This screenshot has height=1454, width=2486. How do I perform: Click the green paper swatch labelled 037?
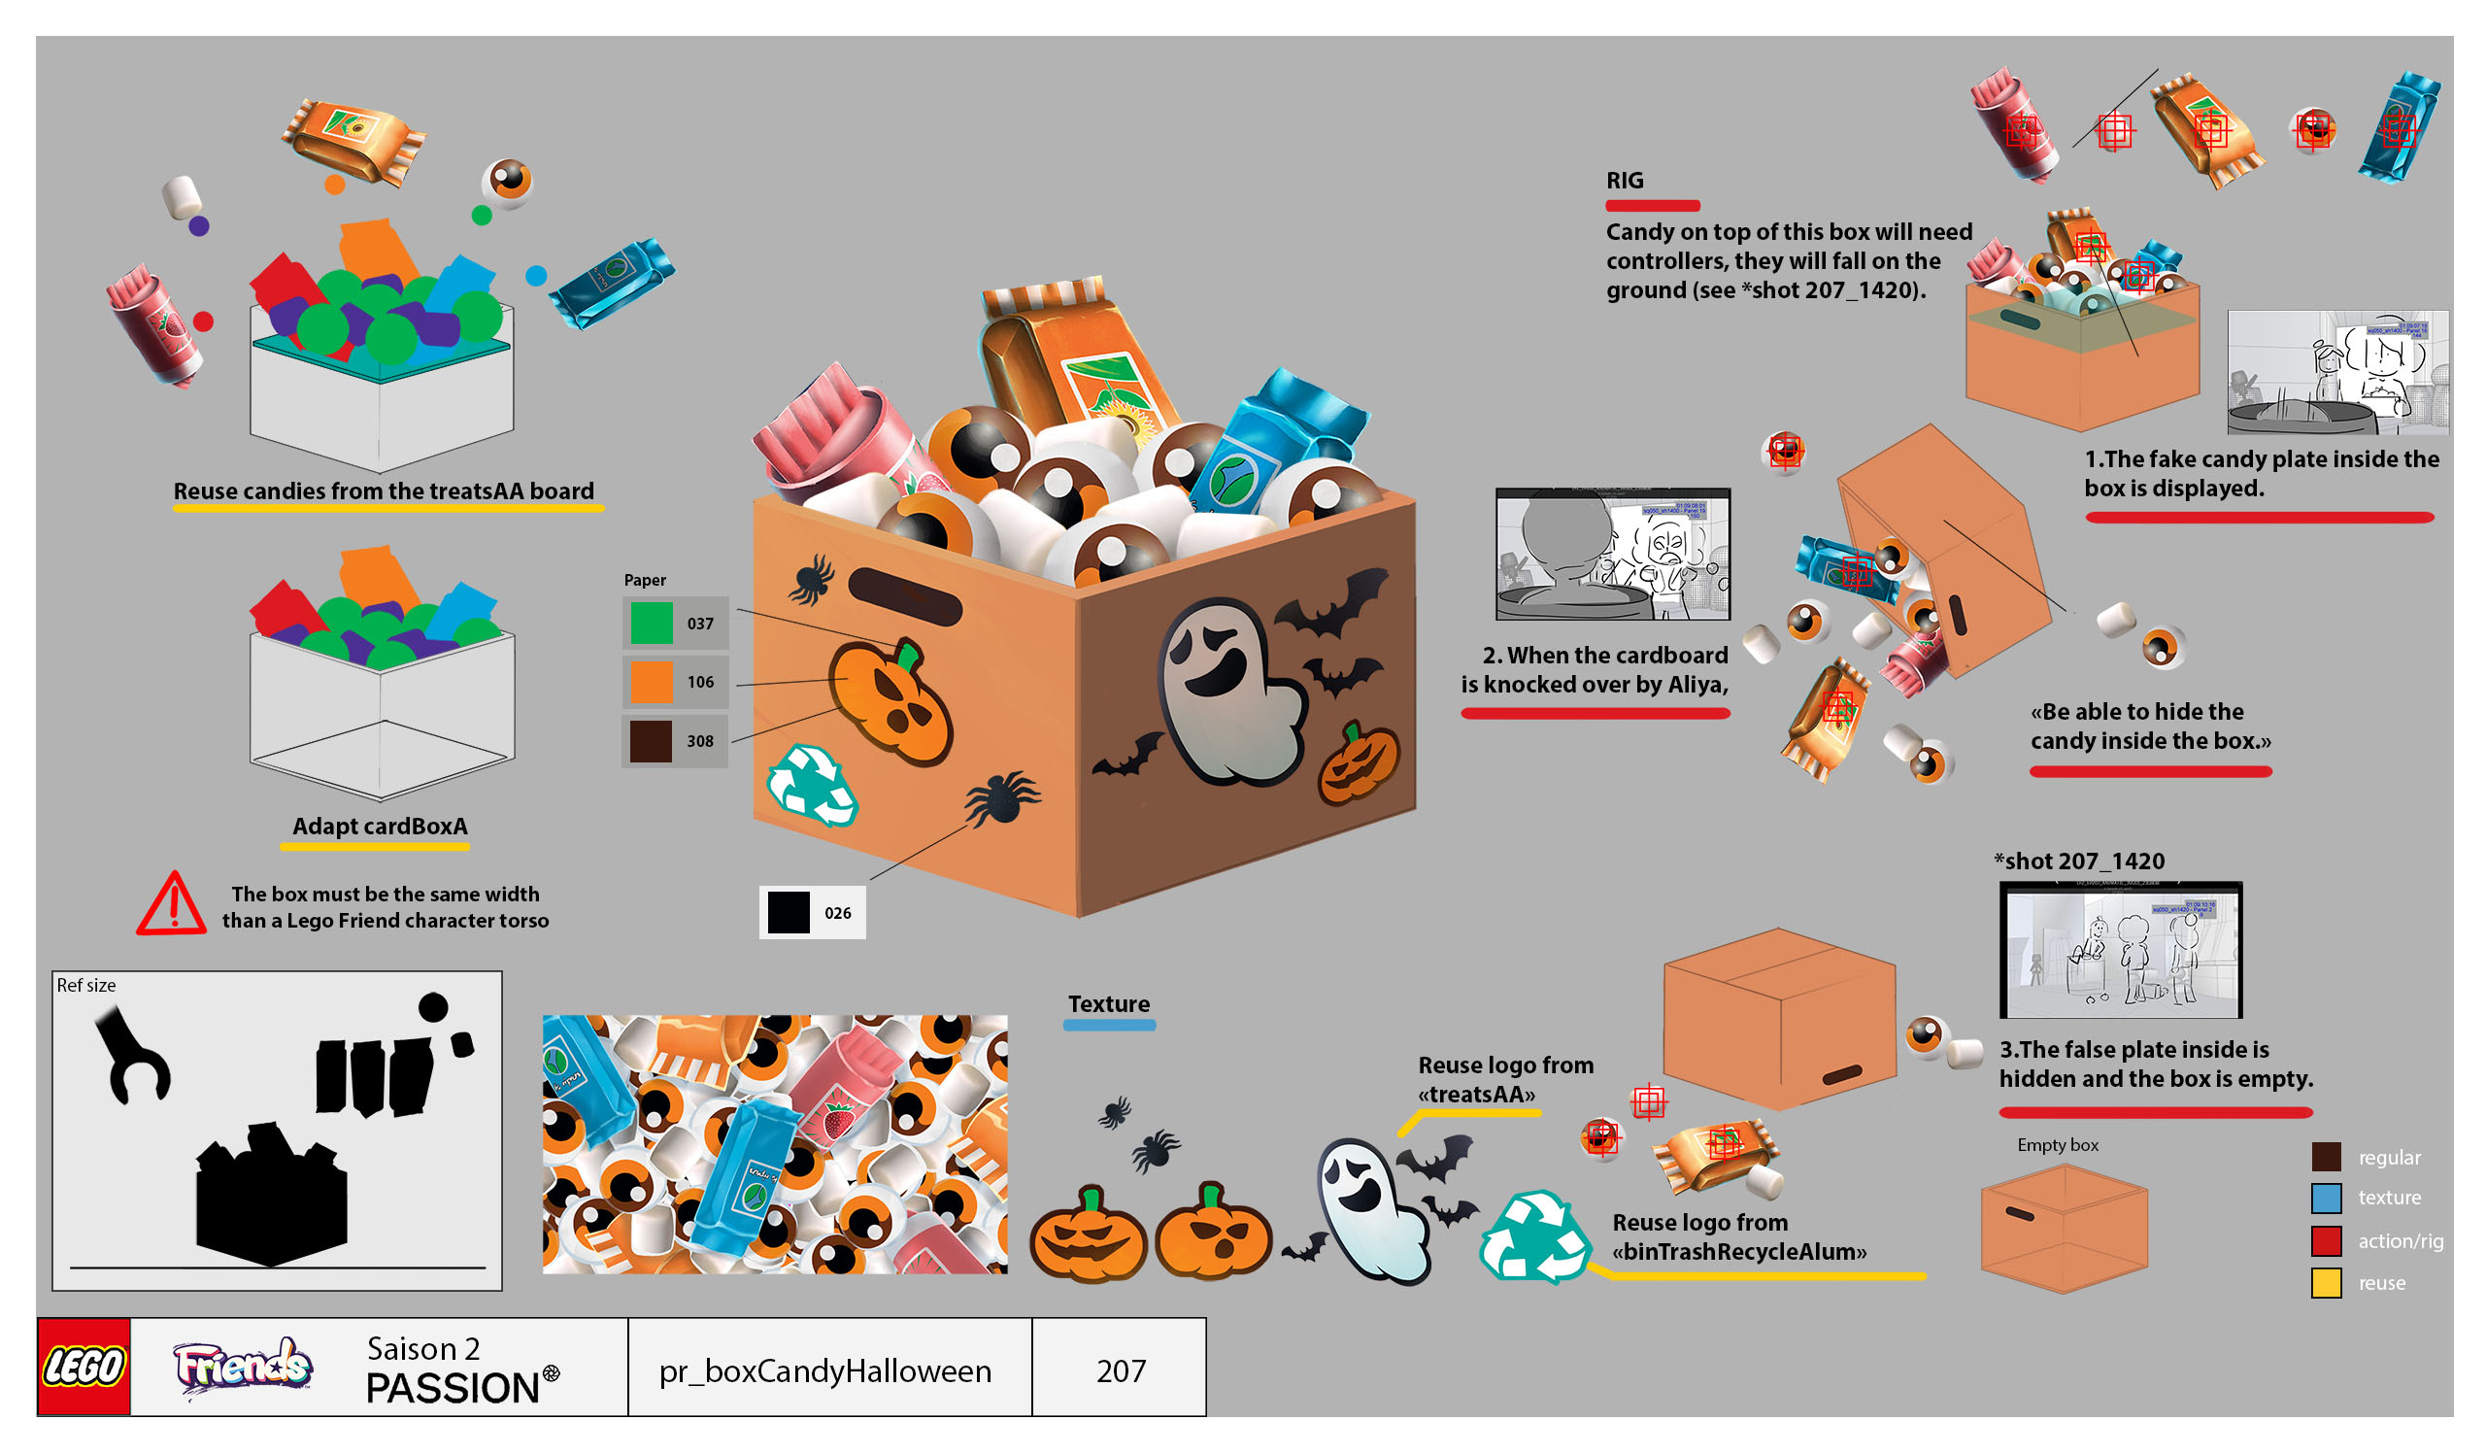pos(651,624)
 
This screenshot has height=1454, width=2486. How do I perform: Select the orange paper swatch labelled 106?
pos(651,683)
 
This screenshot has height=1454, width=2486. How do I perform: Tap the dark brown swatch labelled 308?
pos(651,741)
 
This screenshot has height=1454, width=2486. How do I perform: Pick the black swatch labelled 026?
pos(789,912)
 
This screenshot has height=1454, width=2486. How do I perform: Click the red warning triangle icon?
pos(173,903)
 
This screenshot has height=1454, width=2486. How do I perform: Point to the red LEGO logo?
pos(84,1368)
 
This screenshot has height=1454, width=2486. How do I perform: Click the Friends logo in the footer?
pos(243,1368)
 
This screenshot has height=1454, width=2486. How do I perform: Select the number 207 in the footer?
pos(1121,1371)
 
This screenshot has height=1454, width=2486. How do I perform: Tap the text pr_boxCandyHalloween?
pos(824,1371)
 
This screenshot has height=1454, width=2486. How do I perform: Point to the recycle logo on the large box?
pos(811,784)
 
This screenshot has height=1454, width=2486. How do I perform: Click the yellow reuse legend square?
pos(2325,1283)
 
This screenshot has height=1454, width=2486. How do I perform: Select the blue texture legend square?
pos(2325,1198)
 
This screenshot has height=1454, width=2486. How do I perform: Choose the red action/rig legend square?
pos(2325,1241)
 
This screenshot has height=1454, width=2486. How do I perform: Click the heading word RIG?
pos(1624,181)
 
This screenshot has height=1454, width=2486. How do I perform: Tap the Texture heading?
pos(1109,1004)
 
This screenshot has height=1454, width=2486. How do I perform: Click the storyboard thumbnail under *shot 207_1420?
pos(2120,950)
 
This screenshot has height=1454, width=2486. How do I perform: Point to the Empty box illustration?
pos(2064,1228)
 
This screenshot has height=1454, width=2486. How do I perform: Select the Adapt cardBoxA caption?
pos(380,827)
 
